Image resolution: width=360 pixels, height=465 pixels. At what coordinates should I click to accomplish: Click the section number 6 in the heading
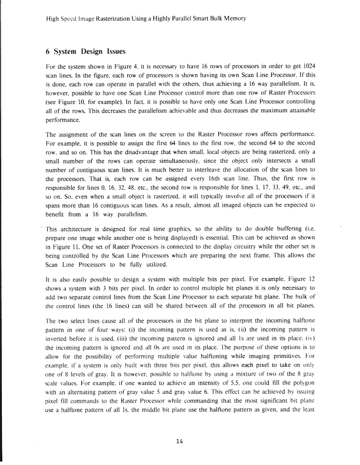point(48,52)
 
